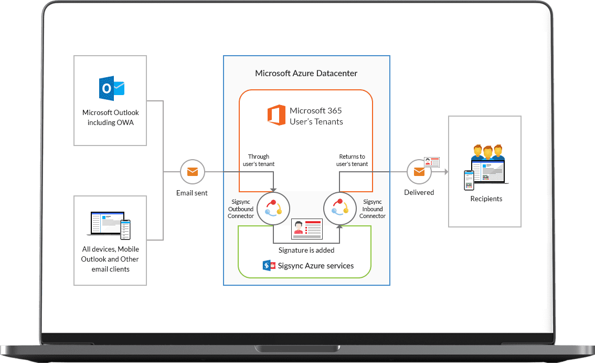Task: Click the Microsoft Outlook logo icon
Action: (x=111, y=88)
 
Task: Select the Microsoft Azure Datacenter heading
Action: (x=306, y=74)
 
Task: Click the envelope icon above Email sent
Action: (x=192, y=172)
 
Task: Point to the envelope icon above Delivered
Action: (x=419, y=172)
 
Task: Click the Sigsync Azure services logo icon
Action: (x=269, y=265)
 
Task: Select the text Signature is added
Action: (x=306, y=250)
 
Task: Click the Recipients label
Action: (x=486, y=199)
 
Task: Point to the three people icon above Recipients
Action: (x=488, y=153)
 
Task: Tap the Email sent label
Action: (x=192, y=193)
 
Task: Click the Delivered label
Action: (x=419, y=192)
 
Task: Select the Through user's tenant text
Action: (x=258, y=160)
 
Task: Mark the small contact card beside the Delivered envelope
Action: (x=431, y=162)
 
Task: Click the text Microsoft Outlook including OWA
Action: (x=111, y=117)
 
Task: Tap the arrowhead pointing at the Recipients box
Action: (x=446, y=172)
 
